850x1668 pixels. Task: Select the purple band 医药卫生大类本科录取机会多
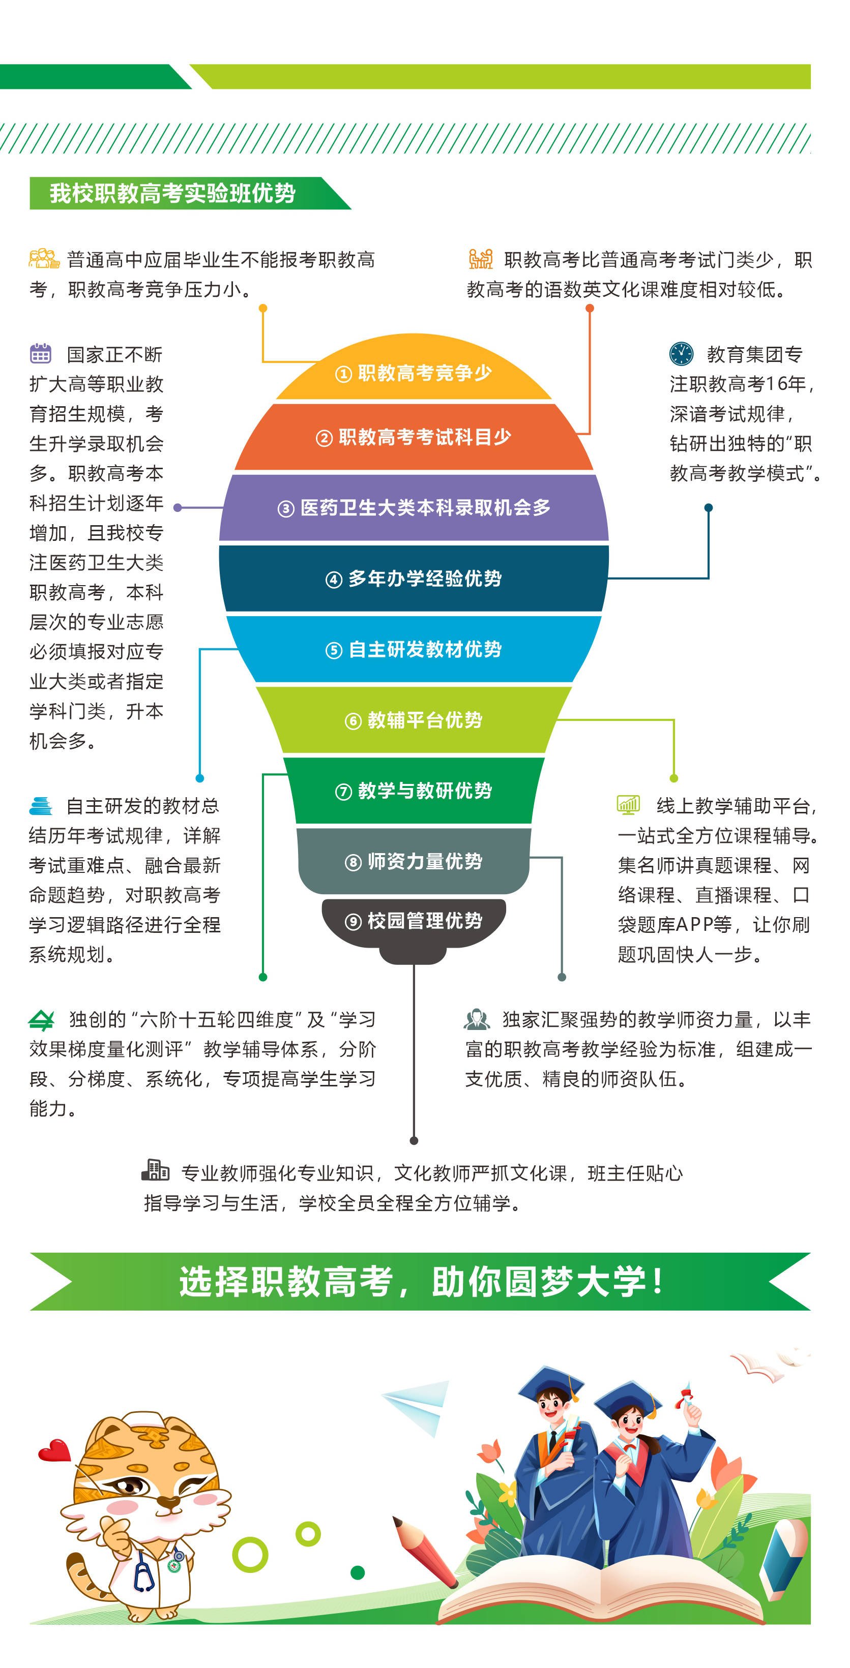[414, 508]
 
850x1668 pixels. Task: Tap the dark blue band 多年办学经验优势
[414, 578]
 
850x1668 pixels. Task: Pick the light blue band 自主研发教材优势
[414, 649]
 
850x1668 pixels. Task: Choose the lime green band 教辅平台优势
[414, 719]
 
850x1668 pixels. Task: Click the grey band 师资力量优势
[414, 861]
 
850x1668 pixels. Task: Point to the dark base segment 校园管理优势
[414, 922]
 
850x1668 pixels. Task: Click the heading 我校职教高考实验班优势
[172, 193]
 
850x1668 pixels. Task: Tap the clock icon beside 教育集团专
[681, 353]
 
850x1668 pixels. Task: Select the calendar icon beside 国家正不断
[40, 353]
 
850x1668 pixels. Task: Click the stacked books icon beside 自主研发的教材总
[40, 805]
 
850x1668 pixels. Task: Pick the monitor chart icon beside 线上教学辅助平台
[628, 804]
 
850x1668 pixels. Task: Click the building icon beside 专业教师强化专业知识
[155, 1169]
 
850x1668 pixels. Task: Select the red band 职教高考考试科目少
[414, 437]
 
